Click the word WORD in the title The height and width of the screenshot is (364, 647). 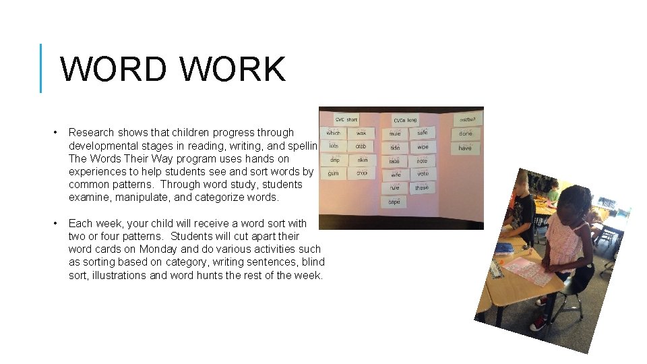tap(113, 69)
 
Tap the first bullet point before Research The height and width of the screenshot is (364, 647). tap(55, 132)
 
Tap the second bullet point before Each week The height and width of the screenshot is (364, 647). tap(55, 223)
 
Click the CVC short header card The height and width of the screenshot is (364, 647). tap(346, 119)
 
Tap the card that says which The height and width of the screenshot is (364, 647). tap(334, 133)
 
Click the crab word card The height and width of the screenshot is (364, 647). tap(361, 146)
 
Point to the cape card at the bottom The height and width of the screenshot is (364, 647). tap(394, 202)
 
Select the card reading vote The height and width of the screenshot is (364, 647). tap(423, 174)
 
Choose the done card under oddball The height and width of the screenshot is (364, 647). tap(466, 133)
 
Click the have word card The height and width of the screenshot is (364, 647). tap(465, 148)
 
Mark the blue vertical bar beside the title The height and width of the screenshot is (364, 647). tap(41, 68)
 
